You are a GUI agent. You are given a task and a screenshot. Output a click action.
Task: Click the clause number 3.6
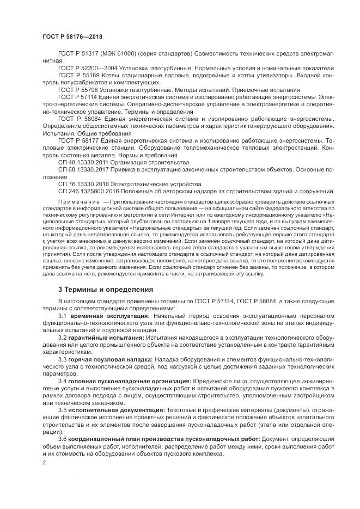(62, 438)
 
